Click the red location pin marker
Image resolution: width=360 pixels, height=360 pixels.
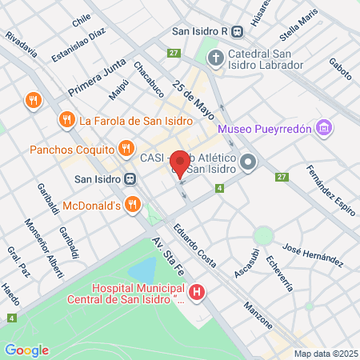pyautogui.click(x=181, y=163)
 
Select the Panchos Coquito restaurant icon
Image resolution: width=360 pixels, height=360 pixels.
pyautogui.click(x=126, y=148)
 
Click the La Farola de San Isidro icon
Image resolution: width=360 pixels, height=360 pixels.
pyautogui.click(x=66, y=121)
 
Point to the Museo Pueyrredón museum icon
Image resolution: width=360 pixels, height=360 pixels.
pyautogui.click(x=323, y=128)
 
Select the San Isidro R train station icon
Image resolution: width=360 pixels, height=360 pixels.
pyautogui.click(x=238, y=32)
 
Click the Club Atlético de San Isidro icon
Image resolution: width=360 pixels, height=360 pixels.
pyautogui.click(x=248, y=162)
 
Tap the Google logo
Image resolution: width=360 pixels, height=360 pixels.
pyautogui.click(x=26, y=350)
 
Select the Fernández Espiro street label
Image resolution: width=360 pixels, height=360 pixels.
pyautogui.click(x=330, y=190)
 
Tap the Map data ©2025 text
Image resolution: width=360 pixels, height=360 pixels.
pyautogui.click(x=324, y=354)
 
